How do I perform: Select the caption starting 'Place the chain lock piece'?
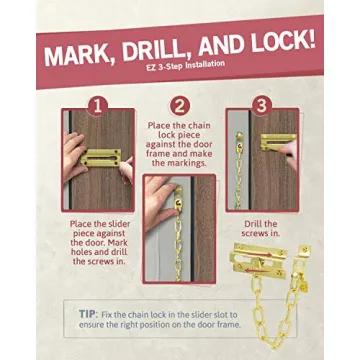tap(180, 143)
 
